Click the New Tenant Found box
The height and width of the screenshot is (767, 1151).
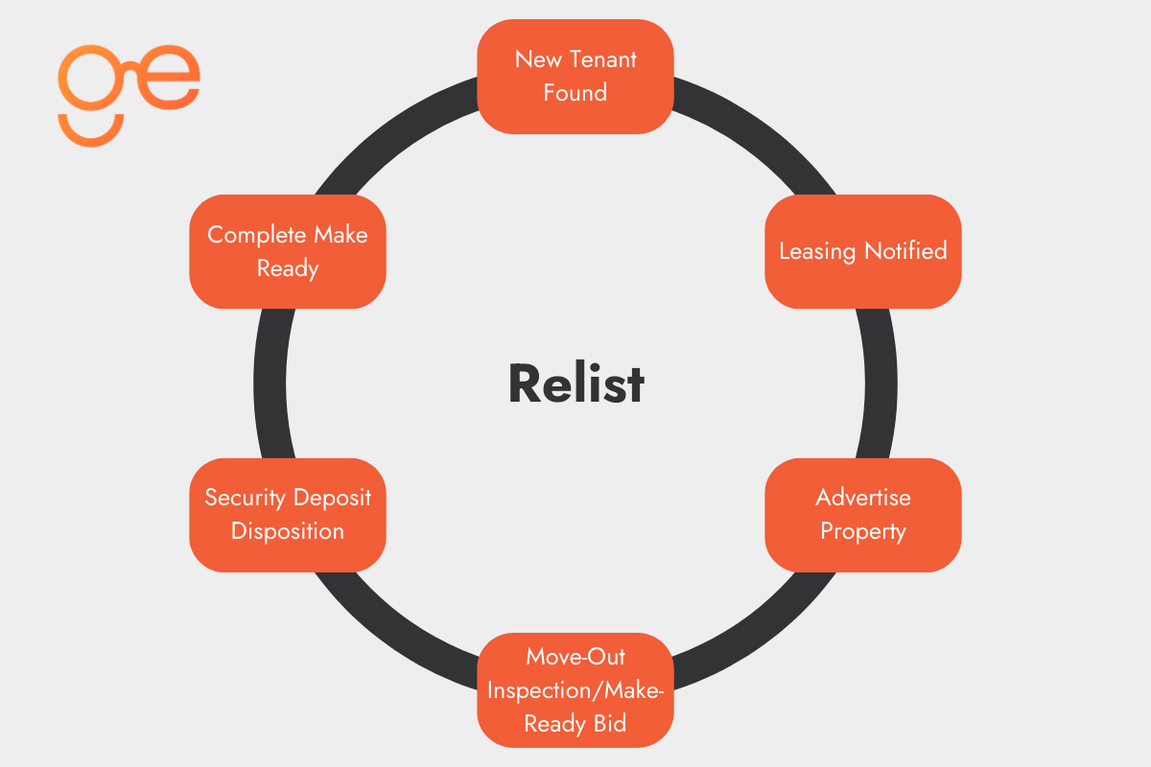point(575,76)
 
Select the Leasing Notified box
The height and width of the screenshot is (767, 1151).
point(863,251)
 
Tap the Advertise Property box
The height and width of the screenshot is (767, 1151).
point(863,515)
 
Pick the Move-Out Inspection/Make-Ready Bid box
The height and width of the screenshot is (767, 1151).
point(575,689)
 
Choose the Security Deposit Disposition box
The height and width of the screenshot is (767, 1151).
point(288,515)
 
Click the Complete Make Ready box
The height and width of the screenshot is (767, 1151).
point(288,251)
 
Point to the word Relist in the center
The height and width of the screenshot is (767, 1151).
point(575,383)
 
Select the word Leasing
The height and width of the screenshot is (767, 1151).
point(818,251)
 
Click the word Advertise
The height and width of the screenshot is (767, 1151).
point(863,498)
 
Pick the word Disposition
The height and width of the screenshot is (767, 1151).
point(288,531)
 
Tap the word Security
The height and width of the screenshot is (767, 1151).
point(246,498)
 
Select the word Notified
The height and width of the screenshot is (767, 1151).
point(905,251)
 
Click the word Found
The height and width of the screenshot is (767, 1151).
point(575,93)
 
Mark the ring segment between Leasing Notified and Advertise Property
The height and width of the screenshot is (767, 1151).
point(881,383)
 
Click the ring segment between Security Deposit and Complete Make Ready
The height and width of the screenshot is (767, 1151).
point(270,383)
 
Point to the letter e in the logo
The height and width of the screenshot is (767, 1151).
point(173,77)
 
